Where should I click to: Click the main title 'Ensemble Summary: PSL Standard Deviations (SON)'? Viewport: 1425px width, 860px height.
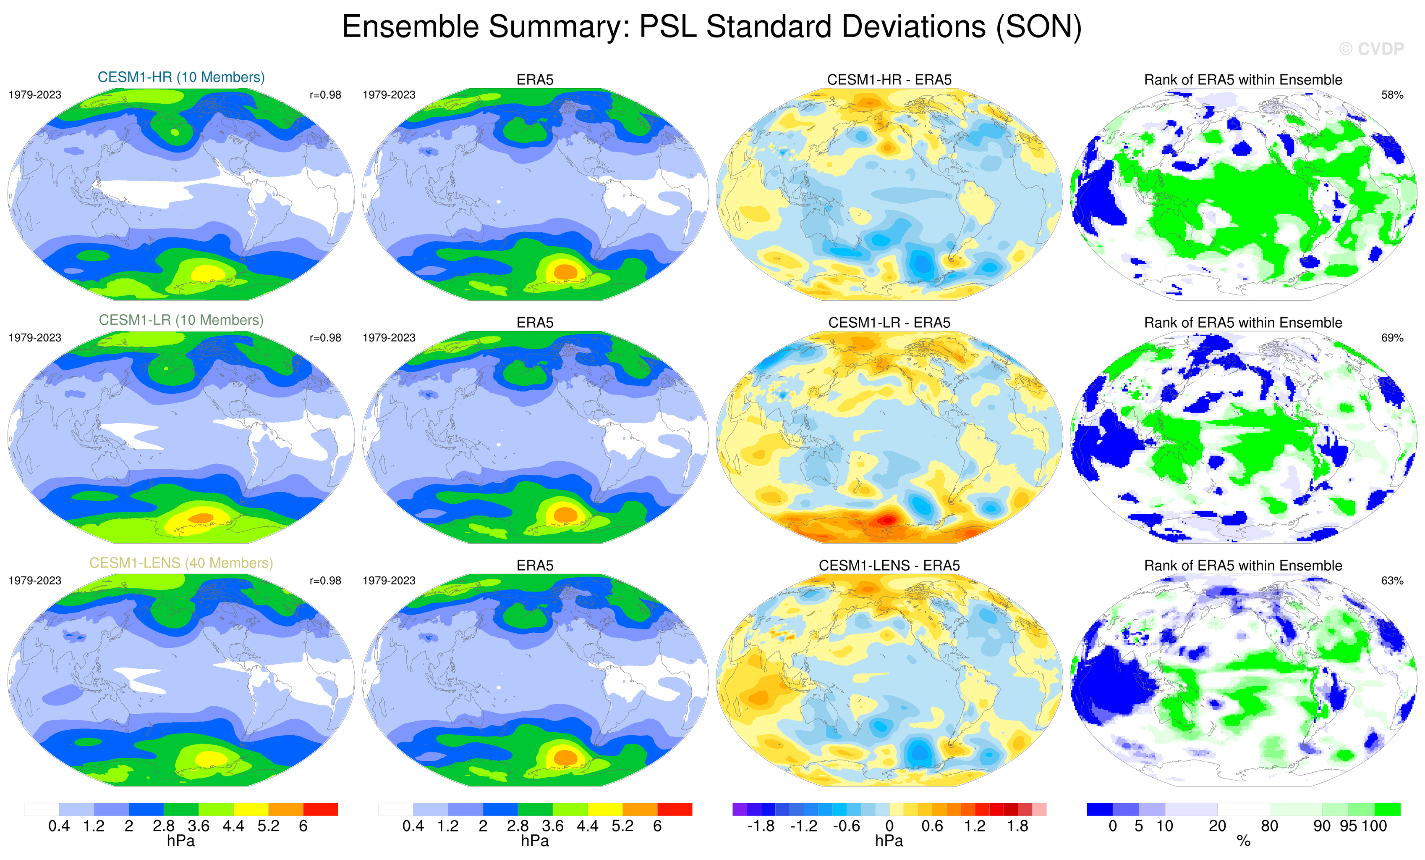tap(711, 27)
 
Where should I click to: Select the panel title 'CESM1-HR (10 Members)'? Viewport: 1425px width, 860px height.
tap(181, 78)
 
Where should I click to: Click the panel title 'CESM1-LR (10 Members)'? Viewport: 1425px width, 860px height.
tap(181, 320)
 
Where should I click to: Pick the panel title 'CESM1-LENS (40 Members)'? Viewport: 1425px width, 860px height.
tap(181, 563)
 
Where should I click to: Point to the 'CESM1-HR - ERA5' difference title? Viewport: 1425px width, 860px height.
tap(889, 80)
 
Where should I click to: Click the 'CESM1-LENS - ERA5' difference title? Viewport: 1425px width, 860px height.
tap(889, 565)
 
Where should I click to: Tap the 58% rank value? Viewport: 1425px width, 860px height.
tap(1392, 95)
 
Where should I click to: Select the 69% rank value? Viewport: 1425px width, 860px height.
tap(1392, 338)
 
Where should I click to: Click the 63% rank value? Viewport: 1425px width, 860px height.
tap(1392, 581)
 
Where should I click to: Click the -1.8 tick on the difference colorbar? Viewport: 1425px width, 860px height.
tap(761, 826)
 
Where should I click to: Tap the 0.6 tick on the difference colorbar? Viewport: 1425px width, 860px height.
tap(932, 826)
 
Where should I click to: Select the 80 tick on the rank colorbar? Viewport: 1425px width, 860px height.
tap(1269, 826)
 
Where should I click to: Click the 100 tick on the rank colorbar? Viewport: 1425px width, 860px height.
tap(1374, 826)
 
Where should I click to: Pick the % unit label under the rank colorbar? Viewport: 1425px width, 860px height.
tap(1243, 842)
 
